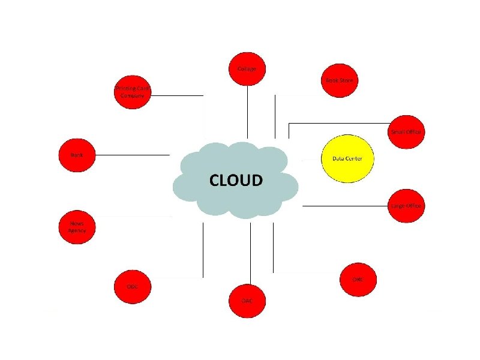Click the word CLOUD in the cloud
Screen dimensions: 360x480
235,181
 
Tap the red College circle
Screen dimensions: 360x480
247,69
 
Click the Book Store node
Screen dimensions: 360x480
339,79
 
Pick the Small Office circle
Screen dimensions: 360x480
407,131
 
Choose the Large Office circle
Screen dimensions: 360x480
406,206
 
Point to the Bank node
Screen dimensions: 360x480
76,155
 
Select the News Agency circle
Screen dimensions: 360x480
77,227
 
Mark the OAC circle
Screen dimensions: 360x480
247,300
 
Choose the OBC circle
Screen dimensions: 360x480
358,280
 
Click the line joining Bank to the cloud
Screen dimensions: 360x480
133,155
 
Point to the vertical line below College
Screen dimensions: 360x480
247,111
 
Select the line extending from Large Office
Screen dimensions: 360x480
345,206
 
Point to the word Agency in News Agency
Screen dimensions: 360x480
77,230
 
